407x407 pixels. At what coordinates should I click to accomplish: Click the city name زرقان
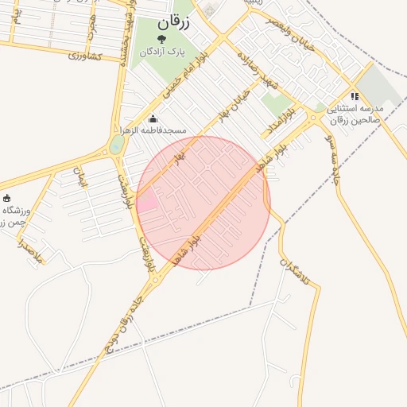click(175, 23)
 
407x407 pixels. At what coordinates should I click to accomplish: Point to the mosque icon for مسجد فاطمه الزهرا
click(153, 119)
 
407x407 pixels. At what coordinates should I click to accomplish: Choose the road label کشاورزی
click(84, 57)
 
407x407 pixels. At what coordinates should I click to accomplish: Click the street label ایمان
click(79, 176)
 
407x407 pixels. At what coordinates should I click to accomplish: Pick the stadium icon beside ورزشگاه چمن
click(7, 198)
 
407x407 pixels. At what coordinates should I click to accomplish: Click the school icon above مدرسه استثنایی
click(355, 96)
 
